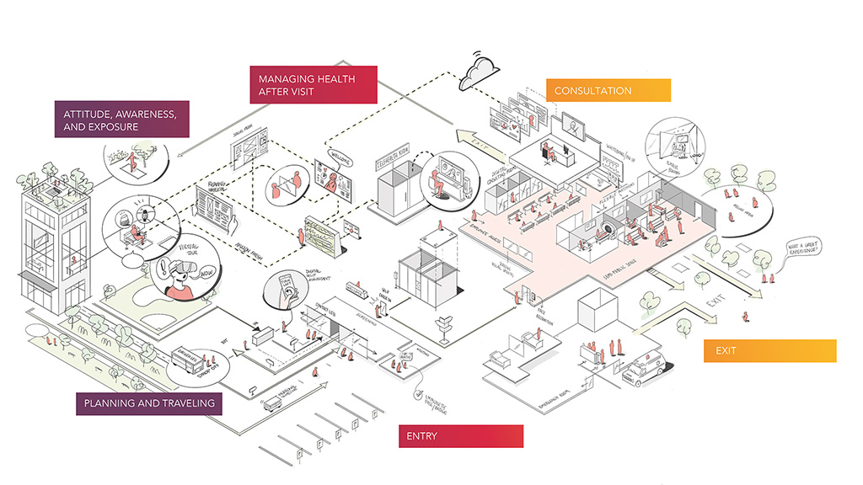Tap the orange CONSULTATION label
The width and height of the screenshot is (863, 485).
pyautogui.click(x=608, y=90)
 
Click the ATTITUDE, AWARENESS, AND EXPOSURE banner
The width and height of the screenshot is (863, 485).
pyautogui.click(x=121, y=119)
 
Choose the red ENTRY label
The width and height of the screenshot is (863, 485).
pyautogui.click(x=460, y=435)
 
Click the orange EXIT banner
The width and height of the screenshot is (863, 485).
pyautogui.click(x=769, y=350)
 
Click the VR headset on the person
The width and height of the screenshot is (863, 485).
pyautogui.click(x=183, y=272)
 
